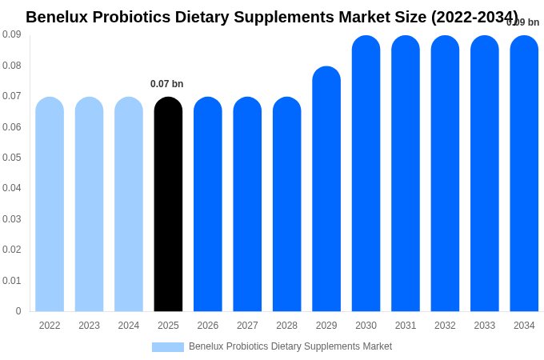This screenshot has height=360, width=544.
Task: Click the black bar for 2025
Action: [x=168, y=204]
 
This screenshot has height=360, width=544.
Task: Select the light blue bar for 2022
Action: [x=50, y=204]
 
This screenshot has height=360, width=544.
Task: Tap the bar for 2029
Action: [x=326, y=189]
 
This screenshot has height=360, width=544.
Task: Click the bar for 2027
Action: [x=247, y=204]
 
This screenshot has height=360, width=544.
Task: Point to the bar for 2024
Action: [x=129, y=204]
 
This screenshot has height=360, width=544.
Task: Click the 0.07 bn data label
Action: [x=166, y=84]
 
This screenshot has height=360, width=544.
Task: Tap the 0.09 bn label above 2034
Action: [x=523, y=22]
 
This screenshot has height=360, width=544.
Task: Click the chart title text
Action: [x=271, y=17]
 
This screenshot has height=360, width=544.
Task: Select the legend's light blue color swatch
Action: [x=168, y=347]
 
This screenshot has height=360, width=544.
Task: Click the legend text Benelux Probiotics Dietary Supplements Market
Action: [x=290, y=346]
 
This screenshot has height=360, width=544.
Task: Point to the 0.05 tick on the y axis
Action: [x=11, y=158]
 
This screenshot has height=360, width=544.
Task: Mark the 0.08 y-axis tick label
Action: [x=11, y=66]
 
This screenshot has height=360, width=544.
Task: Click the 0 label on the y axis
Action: [x=18, y=311]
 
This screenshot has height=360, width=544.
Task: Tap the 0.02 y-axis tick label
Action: [x=11, y=250]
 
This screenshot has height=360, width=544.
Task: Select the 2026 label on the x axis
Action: [x=208, y=326]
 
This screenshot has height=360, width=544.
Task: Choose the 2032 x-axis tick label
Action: [x=445, y=326]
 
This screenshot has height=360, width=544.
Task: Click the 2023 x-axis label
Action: [x=89, y=326]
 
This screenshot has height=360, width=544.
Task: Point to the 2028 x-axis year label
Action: [x=286, y=326]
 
